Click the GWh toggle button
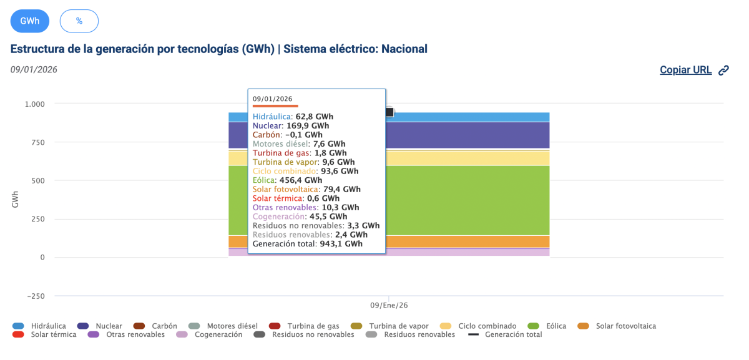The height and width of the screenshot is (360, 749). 30,21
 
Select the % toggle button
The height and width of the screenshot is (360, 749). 79,21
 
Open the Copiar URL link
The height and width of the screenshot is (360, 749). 685,70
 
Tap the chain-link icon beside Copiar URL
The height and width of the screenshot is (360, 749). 724,71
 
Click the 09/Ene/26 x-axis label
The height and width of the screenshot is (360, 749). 389,306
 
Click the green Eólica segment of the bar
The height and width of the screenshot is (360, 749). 468,200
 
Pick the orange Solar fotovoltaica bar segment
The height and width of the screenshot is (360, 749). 468,241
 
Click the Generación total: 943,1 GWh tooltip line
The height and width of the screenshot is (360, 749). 308,244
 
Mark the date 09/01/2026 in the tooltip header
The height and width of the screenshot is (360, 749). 272,99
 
